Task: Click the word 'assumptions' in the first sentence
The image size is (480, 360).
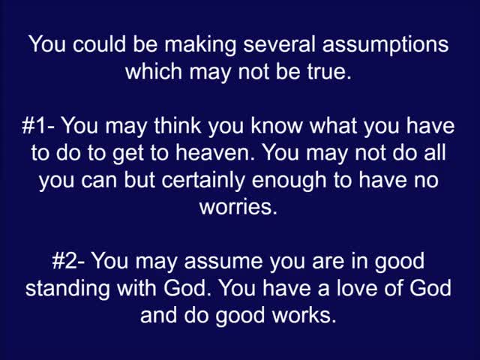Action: [385, 45]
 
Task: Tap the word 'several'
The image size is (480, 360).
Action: [279, 44]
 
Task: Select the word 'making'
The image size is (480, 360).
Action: [200, 45]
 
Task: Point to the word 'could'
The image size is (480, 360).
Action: [99, 44]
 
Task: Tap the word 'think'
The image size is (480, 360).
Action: [178, 125]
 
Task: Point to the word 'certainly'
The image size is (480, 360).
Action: [202, 181]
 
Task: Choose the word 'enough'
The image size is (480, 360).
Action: [289, 181]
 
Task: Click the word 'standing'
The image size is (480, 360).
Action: [67, 289]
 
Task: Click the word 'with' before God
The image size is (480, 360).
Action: [136, 288]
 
